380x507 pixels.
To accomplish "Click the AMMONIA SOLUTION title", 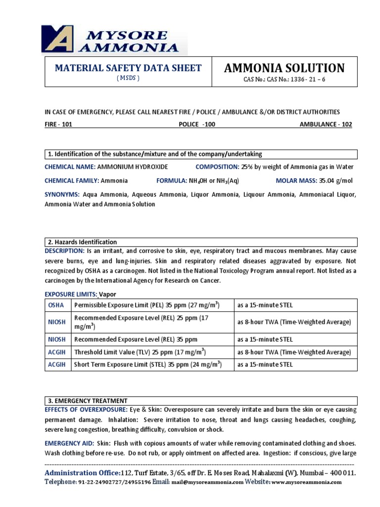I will click(284, 68).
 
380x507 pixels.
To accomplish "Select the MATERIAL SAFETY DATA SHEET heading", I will click(128, 68).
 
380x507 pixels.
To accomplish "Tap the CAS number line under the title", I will click(284, 79).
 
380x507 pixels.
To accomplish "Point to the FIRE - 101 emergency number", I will click(58, 124).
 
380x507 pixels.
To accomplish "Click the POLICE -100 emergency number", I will click(197, 124).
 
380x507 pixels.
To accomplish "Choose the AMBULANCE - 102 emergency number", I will click(326, 124).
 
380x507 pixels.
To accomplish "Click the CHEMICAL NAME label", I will click(70, 167).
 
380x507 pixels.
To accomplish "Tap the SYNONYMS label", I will click(62, 195).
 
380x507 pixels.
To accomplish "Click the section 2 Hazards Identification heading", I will click(83, 242).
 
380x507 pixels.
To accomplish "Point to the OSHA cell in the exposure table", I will click(56, 305).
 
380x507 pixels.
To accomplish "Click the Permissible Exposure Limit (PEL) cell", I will click(147, 305).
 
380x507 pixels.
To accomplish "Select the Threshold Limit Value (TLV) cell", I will click(140, 352).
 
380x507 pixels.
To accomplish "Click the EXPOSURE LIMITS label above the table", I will click(71, 294).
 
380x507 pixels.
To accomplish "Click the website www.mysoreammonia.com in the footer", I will click(306, 482).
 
